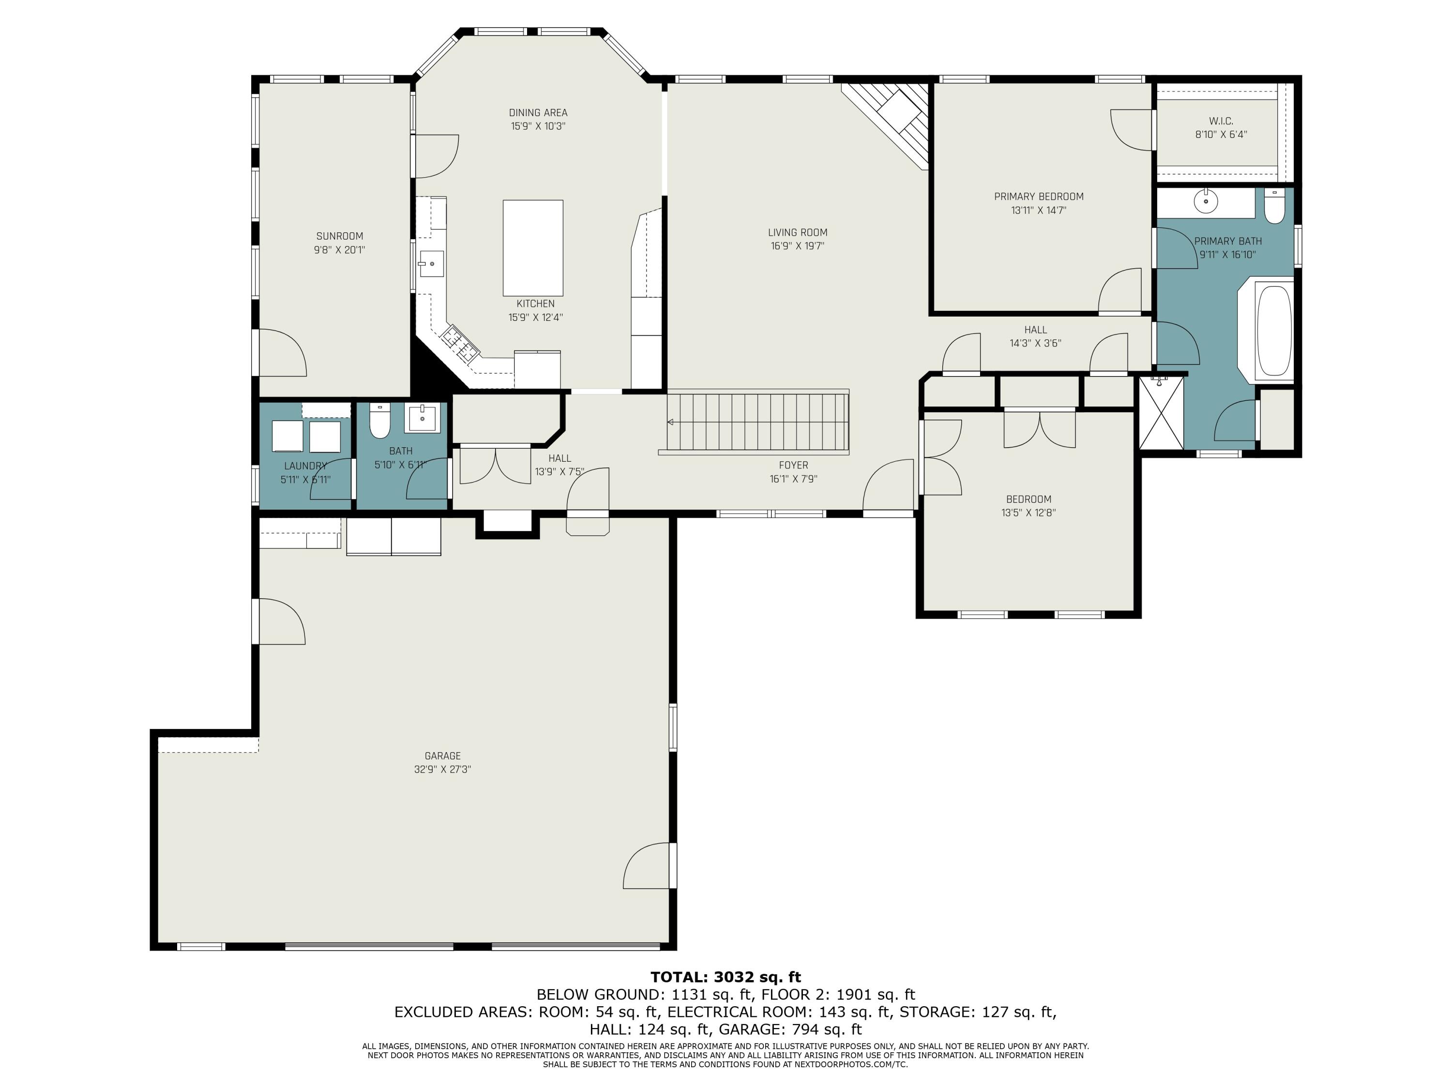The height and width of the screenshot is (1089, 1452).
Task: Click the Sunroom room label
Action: (339, 236)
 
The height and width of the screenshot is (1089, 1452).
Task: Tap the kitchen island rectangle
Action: (533, 248)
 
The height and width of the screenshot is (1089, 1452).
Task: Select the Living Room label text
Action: (798, 232)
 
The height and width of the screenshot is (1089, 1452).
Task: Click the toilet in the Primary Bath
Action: (1274, 206)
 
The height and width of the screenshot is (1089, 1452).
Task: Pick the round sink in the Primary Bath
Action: (1206, 201)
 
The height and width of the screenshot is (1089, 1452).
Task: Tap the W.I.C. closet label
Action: (1221, 121)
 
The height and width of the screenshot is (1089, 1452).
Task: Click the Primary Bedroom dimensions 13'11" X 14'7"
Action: (1039, 211)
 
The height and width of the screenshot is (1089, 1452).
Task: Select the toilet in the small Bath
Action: (380, 421)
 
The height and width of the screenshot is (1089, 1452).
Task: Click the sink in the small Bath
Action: (422, 418)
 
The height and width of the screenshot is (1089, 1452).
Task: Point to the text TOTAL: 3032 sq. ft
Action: (726, 977)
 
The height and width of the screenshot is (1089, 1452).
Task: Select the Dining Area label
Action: (538, 113)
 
